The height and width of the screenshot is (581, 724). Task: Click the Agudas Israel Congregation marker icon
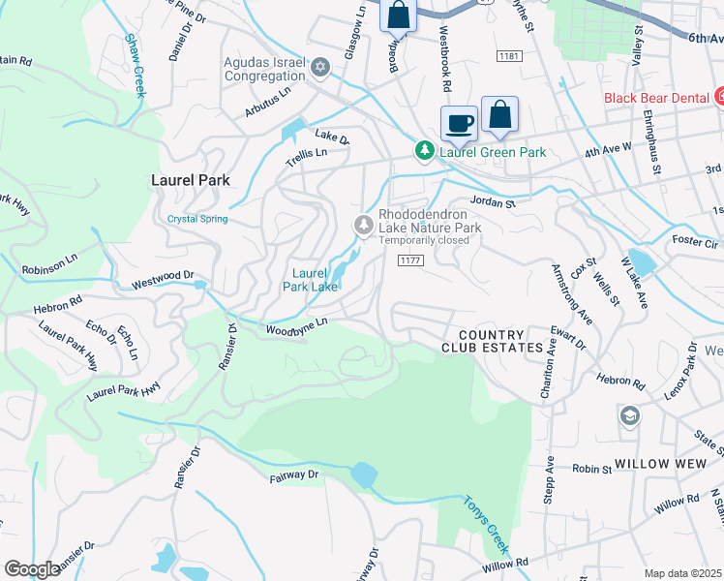pos(320,68)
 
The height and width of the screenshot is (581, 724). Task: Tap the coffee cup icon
pos(459,123)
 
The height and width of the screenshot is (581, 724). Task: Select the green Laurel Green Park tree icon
pos(424,151)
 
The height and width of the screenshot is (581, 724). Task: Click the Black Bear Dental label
pos(656,98)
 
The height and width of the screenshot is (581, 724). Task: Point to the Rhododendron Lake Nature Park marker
pos(364,226)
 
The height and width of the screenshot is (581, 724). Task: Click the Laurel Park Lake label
pos(310,280)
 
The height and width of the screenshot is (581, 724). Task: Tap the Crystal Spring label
pos(197,219)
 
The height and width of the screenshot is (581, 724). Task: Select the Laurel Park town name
pos(190,180)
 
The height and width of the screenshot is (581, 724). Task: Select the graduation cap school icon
pos(629,415)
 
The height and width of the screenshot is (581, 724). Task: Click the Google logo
pos(32,569)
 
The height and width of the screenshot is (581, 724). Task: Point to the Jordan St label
pos(493,202)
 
